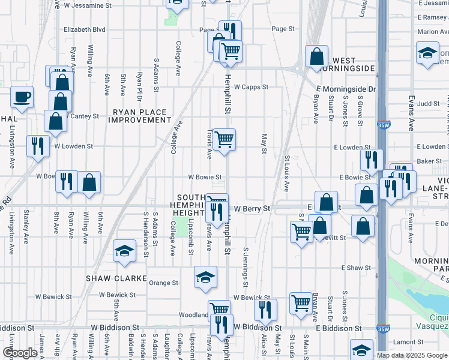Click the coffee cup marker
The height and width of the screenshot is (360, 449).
[22, 97]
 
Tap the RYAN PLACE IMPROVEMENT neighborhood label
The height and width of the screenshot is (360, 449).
[140, 116]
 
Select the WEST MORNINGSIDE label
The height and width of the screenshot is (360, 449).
[353, 65]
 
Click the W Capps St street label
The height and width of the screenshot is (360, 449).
[250, 86]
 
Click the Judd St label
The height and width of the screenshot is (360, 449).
[429, 103]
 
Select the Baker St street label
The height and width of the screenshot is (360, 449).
[429, 161]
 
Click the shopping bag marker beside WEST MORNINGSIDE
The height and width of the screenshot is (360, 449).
[316, 56]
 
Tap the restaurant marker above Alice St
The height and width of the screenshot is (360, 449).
[265, 310]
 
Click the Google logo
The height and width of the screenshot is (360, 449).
[20, 353]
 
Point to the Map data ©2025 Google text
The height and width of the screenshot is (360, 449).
[411, 355]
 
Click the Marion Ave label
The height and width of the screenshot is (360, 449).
[433, 32]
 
